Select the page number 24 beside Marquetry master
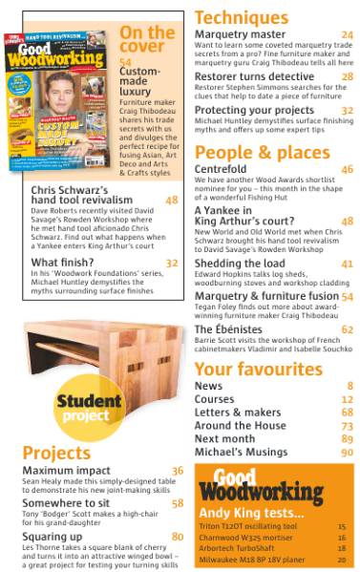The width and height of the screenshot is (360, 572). coord(347,34)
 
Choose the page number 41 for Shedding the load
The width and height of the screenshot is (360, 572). coord(347,263)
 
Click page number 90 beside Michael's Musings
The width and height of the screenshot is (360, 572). coord(347,452)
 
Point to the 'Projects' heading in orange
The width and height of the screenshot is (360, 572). coord(56,452)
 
